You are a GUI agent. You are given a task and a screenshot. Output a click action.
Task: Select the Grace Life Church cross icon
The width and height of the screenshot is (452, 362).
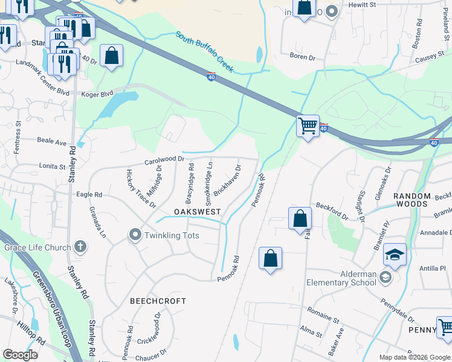[x=80, y=247]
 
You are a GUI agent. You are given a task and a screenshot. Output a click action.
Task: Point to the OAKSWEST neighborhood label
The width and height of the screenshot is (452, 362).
[x=197, y=212]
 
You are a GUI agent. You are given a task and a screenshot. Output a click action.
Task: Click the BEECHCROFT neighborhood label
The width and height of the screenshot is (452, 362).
[x=158, y=300]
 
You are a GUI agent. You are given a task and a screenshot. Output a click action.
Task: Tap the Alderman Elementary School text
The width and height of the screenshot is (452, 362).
[x=341, y=278]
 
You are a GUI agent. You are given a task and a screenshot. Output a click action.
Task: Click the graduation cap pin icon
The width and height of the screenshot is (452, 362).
[x=395, y=255]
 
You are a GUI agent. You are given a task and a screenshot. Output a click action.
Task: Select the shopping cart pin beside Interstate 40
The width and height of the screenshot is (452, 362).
[x=308, y=126]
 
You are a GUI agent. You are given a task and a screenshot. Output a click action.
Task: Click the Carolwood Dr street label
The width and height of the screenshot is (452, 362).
[x=164, y=160]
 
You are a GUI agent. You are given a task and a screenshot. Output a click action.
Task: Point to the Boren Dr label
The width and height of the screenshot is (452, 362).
[x=303, y=57]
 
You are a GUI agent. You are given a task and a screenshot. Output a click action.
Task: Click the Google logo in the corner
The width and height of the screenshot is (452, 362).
[x=20, y=355]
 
